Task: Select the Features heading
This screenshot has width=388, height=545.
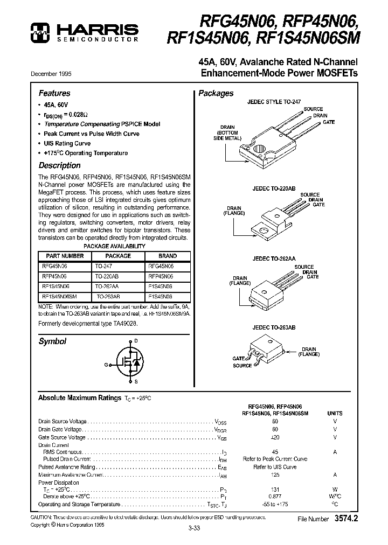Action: (x=54, y=93)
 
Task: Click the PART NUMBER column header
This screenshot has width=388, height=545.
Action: (x=65, y=256)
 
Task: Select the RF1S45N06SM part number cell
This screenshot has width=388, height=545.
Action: (x=59, y=296)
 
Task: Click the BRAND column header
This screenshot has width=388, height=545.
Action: (x=168, y=256)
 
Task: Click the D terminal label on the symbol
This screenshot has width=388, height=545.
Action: (x=135, y=340)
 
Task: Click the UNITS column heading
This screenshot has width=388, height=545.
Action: (x=335, y=414)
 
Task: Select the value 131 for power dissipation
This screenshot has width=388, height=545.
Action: (x=275, y=489)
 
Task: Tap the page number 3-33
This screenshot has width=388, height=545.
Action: (x=194, y=529)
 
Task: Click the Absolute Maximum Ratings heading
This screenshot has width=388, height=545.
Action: (x=79, y=397)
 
